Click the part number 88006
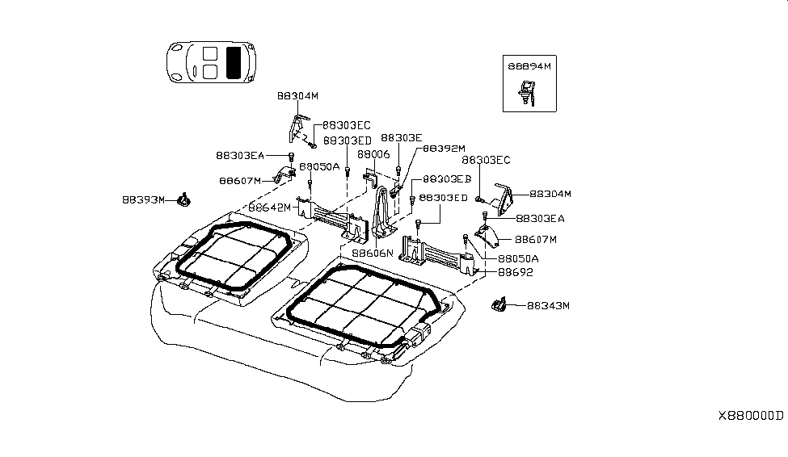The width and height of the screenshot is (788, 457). pyautogui.click(x=373, y=154)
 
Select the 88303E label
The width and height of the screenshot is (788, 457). pyautogui.click(x=402, y=138)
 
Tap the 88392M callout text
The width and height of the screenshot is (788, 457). pyautogui.click(x=444, y=149)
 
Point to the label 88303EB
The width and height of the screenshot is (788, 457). pyautogui.click(x=447, y=178)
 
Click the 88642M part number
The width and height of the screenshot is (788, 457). pyautogui.click(x=269, y=208)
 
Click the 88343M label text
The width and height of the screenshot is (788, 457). pyautogui.click(x=549, y=306)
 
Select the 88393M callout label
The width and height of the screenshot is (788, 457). pyautogui.click(x=144, y=199)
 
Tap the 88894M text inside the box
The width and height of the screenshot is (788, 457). pyautogui.click(x=529, y=67)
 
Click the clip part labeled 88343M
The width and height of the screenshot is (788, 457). pyautogui.click(x=498, y=304)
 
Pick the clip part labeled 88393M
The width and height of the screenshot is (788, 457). pyautogui.click(x=183, y=198)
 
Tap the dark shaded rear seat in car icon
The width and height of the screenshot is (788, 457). pyautogui.click(x=235, y=62)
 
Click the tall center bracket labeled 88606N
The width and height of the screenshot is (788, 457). pyautogui.click(x=381, y=214)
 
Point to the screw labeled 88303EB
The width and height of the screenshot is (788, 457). pyautogui.click(x=413, y=198)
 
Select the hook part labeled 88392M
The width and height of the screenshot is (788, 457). pyautogui.click(x=395, y=191)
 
